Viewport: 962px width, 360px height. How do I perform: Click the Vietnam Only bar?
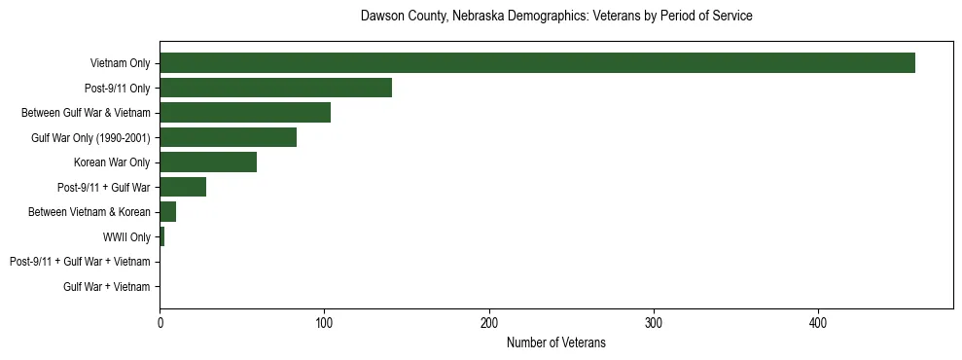(x=537, y=63)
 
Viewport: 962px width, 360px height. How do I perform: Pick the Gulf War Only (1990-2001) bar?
(x=228, y=137)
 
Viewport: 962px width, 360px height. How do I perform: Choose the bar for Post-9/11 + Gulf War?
(x=183, y=187)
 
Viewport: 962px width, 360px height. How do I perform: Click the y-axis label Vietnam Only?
(x=120, y=63)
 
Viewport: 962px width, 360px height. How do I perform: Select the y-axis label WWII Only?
(x=126, y=236)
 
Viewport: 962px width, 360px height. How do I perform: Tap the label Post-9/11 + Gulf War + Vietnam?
(x=80, y=262)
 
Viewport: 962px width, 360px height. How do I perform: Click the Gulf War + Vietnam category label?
(x=107, y=287)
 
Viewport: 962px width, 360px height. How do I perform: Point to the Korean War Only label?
(x=112, y=162)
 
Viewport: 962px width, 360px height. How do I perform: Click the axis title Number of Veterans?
(x=555, y=342)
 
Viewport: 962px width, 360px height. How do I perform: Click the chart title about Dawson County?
(x=555, y=17)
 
